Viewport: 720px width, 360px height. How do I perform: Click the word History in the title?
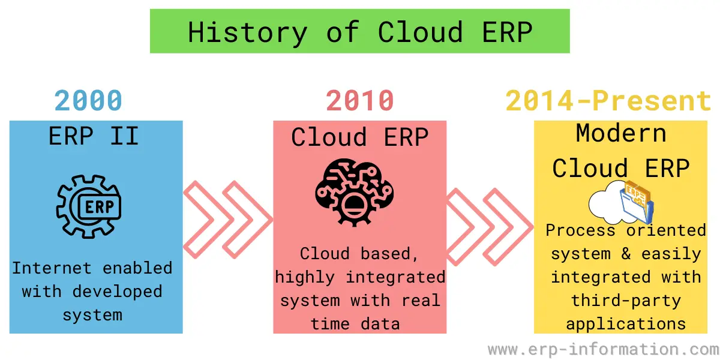[247, 33]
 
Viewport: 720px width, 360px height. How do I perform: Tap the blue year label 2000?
[88, 101]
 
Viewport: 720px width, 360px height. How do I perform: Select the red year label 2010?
[360, 101]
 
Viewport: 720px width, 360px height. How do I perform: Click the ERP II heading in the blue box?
[94, 136]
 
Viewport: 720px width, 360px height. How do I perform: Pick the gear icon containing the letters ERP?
[89, 206]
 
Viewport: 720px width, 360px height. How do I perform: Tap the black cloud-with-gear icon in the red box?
[355, 192]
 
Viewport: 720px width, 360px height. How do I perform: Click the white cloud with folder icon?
[622, 203]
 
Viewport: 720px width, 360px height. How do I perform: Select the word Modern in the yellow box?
[621, 133]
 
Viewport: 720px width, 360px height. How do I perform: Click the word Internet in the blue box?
[52, 268]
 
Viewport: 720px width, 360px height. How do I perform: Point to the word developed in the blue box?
[118, 292]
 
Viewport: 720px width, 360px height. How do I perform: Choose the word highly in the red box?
[305, 277]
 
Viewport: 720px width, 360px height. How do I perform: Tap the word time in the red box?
[330, 323]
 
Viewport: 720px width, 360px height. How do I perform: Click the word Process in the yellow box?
[580, 230]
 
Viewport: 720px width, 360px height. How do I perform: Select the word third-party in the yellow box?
[626, 301]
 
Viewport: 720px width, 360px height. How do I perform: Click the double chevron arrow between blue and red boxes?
[228, 220]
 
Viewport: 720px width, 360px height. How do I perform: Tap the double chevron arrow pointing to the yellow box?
[490, 227]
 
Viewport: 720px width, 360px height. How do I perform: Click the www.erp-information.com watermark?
[604, 349]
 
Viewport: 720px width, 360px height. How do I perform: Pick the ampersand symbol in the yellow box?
[626, 254]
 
